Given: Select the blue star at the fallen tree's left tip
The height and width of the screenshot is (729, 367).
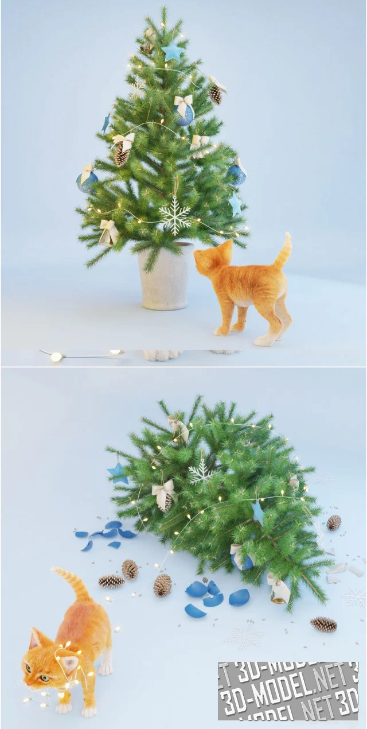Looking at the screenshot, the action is tap(118, 473).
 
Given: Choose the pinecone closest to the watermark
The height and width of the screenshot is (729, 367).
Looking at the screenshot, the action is tap(323, 625).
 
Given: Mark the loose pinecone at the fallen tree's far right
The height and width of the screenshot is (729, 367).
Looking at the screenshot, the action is tap(334, 522).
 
